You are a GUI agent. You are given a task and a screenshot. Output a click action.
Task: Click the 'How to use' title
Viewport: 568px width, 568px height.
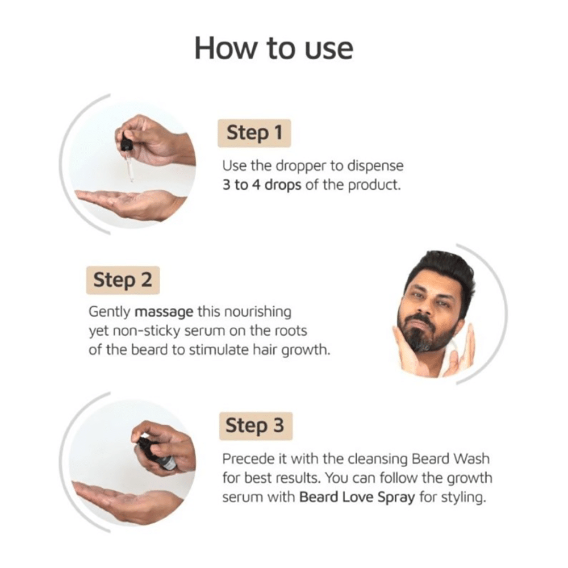[x=273, y=49]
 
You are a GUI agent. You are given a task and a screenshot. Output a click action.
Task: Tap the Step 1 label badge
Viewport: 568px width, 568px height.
[x=254, y=133]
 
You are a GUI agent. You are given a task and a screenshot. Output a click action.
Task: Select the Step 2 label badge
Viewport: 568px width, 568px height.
[x=123, y=280]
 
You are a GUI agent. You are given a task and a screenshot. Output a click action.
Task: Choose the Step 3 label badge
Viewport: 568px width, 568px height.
[x=255, y=426]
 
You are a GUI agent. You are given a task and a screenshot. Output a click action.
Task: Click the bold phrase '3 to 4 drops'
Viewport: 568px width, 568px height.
[x=262, y=185]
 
